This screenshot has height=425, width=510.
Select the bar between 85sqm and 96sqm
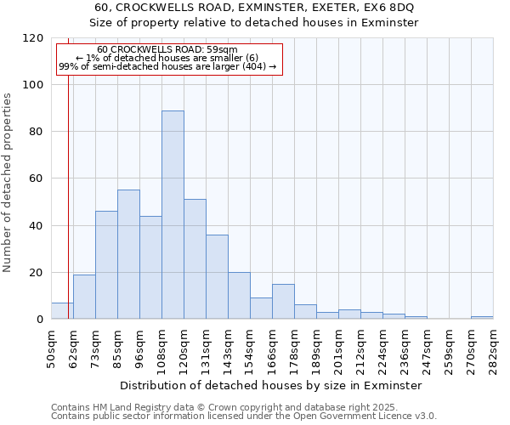pos(128,254)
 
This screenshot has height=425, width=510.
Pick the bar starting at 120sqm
pos(195,259)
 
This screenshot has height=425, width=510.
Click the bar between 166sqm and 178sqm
pos(283,302)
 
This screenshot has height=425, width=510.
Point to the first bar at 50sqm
pos(62,311)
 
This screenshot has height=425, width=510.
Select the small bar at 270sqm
pos(482,318)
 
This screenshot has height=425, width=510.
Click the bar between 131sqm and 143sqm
pos(217,277)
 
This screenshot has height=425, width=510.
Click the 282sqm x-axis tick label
pos(493,348)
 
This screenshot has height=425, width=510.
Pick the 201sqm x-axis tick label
pos(338,348)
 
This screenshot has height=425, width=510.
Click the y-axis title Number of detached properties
pos(8,183)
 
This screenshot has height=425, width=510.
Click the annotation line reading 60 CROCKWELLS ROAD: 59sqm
pos(167,50)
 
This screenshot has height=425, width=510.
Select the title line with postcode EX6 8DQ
pos(255,7)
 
